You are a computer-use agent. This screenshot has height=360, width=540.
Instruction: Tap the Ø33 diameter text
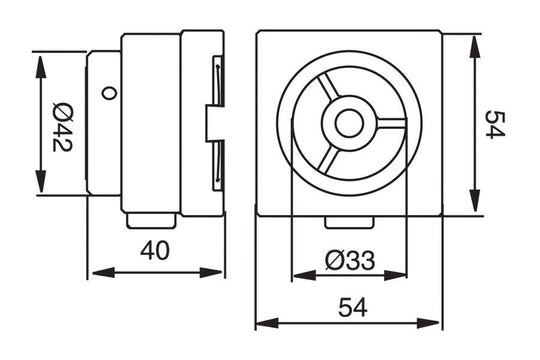[x=349, y=260]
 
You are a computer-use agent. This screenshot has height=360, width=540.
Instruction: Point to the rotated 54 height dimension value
[x=493, y=125]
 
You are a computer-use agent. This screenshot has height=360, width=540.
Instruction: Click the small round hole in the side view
[x=108, y=94]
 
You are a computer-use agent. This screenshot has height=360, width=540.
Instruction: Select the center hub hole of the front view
[x=349, y=124]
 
